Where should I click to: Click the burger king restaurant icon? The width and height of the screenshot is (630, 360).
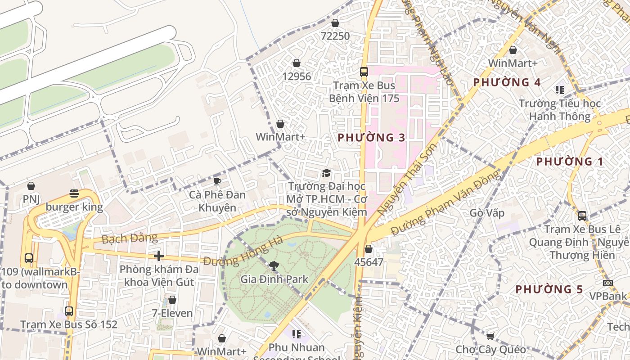pyautogui.click(x=74, y=194)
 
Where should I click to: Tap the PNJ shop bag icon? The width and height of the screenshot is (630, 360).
pyautogui.click(x=31, y=186)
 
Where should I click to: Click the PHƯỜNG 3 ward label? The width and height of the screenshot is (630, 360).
pyautogui.click(x=371, y=138)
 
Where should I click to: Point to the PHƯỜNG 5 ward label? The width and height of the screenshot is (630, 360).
pyautogui.click(x=549, y=289)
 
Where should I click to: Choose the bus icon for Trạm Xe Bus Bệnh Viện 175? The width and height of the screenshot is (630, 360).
pyautogui.click(x=364, y=72)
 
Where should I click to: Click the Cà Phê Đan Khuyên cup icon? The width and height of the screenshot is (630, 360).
pyautogui.click(x=217, y=181)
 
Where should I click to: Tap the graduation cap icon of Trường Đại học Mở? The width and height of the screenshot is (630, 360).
pyautogui.click(x=326, y=173)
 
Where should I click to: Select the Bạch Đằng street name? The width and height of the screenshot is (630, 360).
pyautogui.click(x=130, y=238)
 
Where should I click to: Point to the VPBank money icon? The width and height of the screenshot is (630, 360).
pyautogui.click(x=607, y=283)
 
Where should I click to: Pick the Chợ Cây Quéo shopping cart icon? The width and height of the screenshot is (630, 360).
pyautogui.click(x=490, y=336)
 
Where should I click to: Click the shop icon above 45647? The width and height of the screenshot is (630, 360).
pyautogui.click(x=369, y=249)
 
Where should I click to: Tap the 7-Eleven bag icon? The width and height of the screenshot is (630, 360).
pyautogui.click(x=172, y=300)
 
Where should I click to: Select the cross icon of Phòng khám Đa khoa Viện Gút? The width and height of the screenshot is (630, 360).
pyautogui.click(x=158, y=256)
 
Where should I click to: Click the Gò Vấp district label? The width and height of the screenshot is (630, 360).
pyautogui.click(x=487, y=212)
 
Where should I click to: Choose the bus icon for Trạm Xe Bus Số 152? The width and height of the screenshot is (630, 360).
pyautogui.click(x=69, y=311)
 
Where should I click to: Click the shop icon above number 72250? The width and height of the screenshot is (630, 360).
pyautogui.click(x=335, y=23)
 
